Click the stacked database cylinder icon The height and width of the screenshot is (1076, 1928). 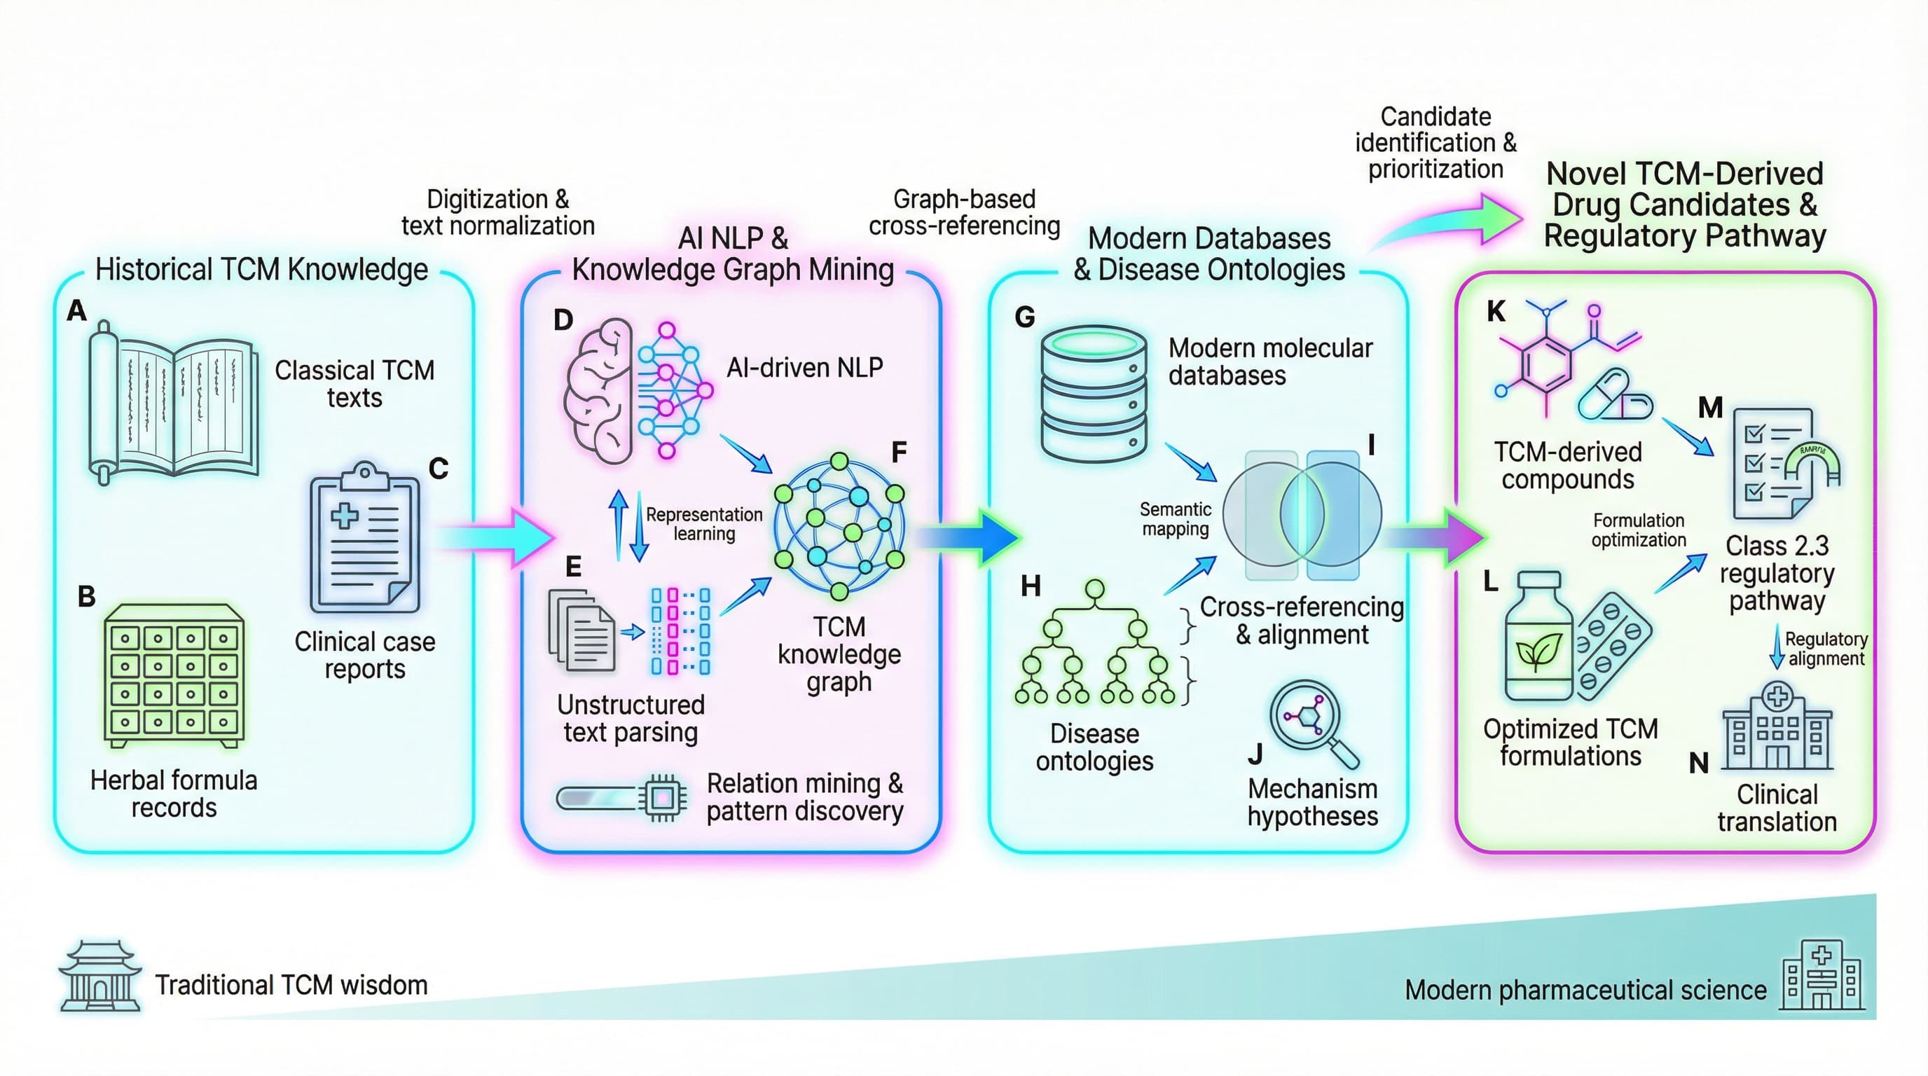pos(1094,394)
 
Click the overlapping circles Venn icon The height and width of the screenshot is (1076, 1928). pos(1302,515)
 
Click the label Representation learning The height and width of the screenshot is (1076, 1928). pos(703,524)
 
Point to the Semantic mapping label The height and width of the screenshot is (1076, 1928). pos(1175,519)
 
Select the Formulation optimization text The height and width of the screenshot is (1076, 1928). pos(1639,530)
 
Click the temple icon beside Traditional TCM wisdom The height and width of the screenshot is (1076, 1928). pos(100,977)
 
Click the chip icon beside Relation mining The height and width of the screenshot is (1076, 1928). pos(661,799)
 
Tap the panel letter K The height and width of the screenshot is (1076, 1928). pos(1496,311)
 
